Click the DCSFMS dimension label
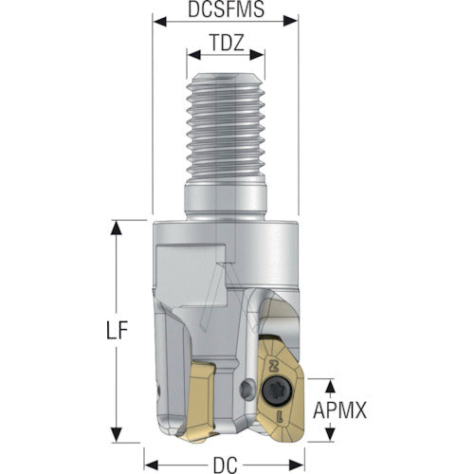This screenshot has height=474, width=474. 226,9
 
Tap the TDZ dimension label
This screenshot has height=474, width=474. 227,43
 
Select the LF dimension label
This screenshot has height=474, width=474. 117,331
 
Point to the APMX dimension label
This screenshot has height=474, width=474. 339,410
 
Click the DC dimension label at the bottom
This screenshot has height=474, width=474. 226,465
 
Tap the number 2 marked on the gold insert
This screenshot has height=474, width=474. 271,367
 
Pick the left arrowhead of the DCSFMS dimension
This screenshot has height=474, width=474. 159,22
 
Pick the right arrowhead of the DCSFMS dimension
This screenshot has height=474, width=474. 291,22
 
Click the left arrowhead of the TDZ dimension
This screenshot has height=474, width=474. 193,55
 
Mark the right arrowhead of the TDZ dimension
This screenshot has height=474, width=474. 257,55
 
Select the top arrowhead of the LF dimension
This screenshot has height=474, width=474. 117,228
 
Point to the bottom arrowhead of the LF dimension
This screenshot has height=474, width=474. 117,435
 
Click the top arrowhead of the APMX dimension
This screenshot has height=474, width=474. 330,386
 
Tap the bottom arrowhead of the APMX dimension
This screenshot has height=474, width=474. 330,434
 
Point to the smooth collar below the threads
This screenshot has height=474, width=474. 226,201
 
